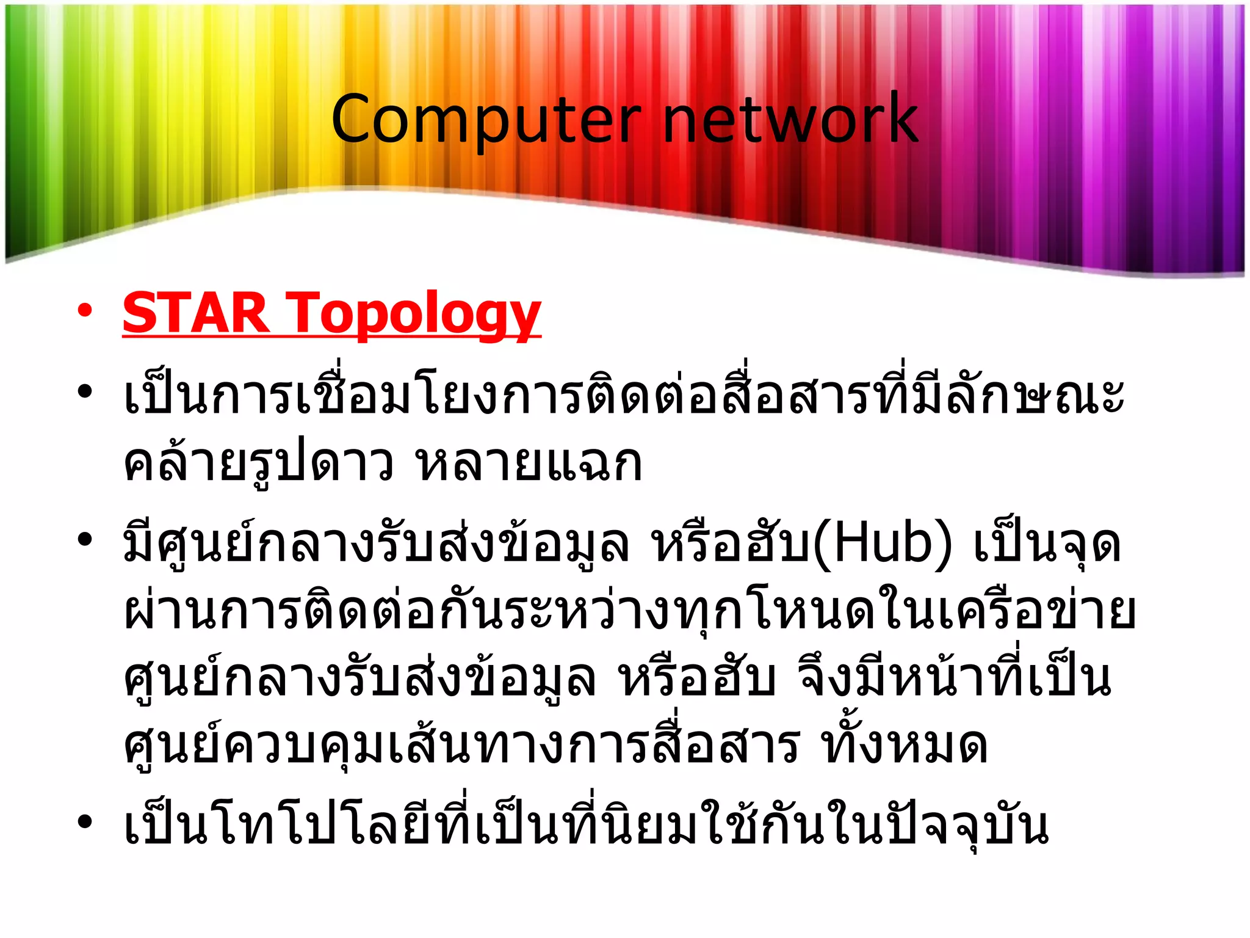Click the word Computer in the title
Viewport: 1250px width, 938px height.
[485, 120]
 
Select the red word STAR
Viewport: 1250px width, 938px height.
[195, 313]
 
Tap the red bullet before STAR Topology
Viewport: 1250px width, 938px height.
[84, 310]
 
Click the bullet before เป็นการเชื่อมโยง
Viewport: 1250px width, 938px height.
[84, 390]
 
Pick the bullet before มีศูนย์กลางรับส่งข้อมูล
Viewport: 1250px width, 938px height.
[84, 540]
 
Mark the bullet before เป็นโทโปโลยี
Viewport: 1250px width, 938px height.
[84, 822]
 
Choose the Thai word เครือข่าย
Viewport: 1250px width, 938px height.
[1036, 611]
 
